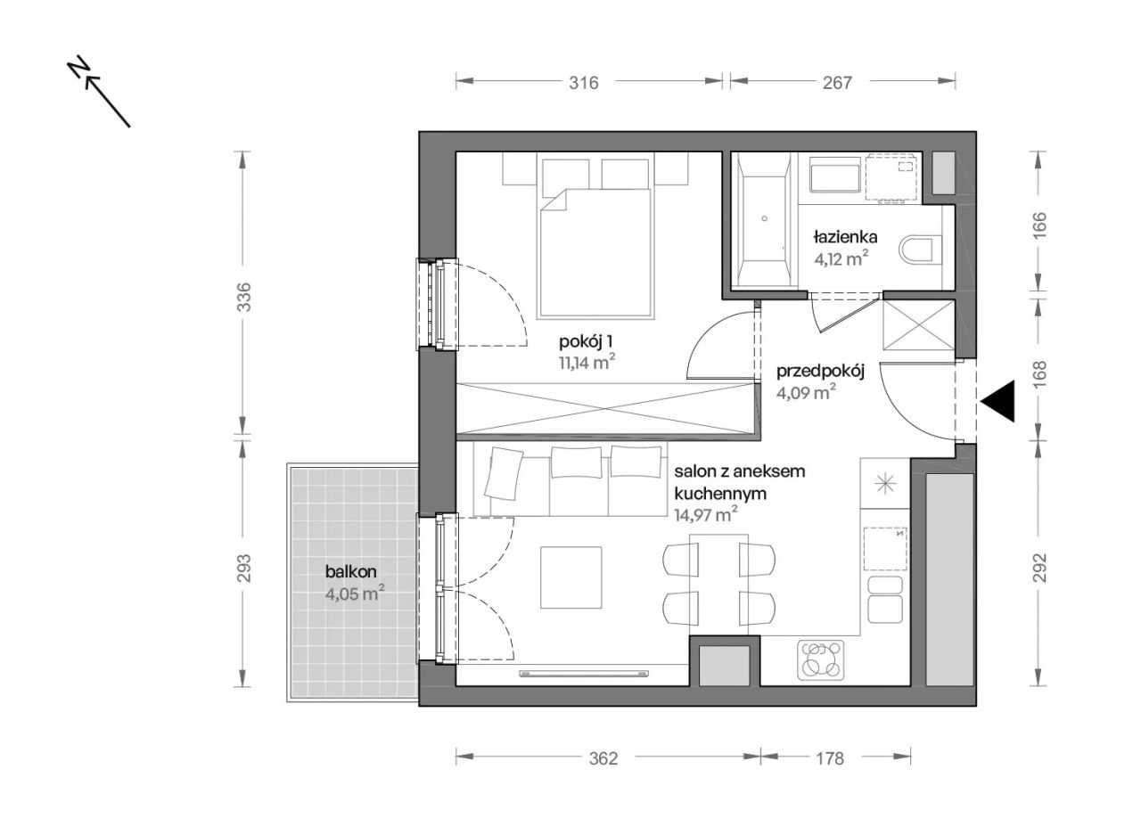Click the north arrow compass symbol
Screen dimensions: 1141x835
pyautogui.click(x=99, y=92)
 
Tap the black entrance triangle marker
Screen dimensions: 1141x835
pyautogui.click(x=997, y=401)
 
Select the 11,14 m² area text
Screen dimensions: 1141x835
pyautogui.click(x=587, y=363)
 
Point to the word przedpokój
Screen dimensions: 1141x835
pyautogui.click(x=820, y=372)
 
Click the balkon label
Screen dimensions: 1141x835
pyautogui.click(x=351, y=572)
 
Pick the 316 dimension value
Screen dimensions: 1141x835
pyautogui.click(x=584, y=83)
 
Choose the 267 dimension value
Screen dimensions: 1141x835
pyautogui.click(x=837, y=83)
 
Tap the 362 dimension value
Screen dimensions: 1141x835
pyautogui.click(x=603, y=758)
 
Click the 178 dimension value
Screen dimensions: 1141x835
pyautogui.click(x=830, y=758)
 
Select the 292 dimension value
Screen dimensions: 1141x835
pyautogui.click(x=1039, y=568)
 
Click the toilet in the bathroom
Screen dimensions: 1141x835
pyautogui.click(x=921, y=250)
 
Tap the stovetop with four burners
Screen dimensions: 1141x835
pyautogui.click(x=820, y=659)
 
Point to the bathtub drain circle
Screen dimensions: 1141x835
pyautogui.click(x=765, y=218)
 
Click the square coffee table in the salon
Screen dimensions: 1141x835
pyautogui.click(x=571, y=577)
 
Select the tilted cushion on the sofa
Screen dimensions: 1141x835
pyautogui.click(x=505, y=473)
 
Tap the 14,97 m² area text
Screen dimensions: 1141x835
pyautogui.click(x=705, y=515)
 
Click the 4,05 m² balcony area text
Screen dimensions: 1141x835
pyautogui.click(x=355, y=594)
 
